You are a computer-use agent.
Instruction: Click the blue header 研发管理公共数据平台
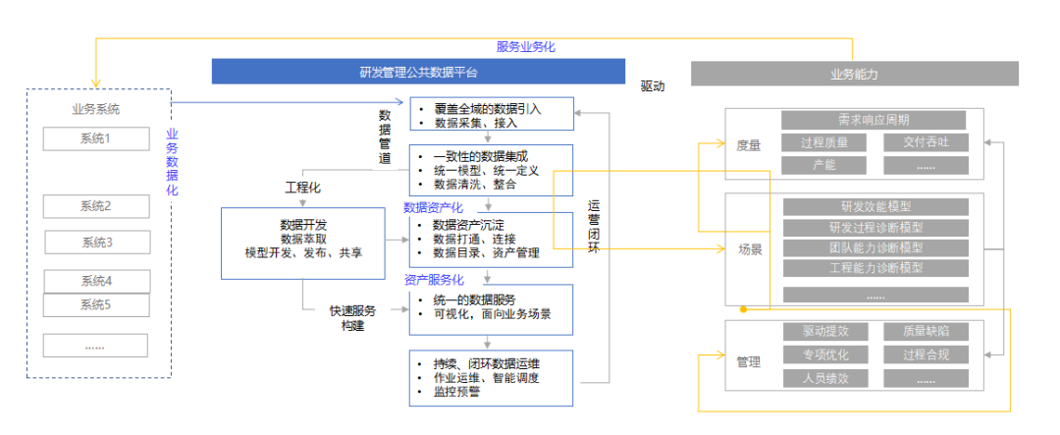tap(419, 73)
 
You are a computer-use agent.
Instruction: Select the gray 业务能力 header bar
tap(854, 74)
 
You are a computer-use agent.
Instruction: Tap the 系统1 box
tap(95, 138)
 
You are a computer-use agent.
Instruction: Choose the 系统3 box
tap(96, 243)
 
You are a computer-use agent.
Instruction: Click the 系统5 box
tap(95, 304)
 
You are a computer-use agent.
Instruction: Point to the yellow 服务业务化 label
tap(527, 46)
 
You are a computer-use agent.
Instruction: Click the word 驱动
tap(653, 86)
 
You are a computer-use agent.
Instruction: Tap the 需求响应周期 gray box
tap(874, 120)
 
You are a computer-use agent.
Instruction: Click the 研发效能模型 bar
tap(875, 206)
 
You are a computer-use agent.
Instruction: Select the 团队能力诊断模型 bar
tap(875, 247)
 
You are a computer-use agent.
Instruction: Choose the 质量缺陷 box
tap(924, 332)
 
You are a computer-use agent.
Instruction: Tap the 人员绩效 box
tap(823, 378)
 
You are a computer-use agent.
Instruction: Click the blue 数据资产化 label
tap(434, 207)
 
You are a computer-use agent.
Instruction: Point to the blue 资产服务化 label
tap(434, 280)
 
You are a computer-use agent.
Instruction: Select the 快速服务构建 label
tap(351, 318)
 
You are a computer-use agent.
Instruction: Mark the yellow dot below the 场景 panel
tap(743, 309)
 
